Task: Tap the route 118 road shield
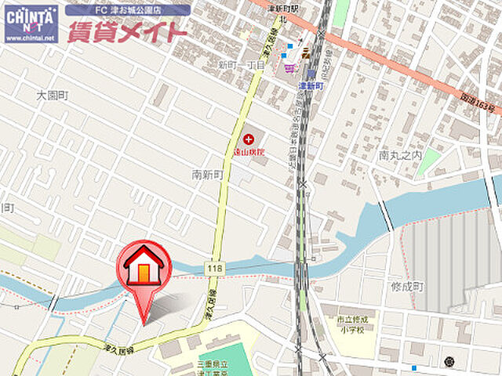pyautogui.click(x=214, y=269)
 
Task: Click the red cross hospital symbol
pyautogui.click(x=249, y=139)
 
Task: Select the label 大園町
pyautogui.click(x=53, y=95)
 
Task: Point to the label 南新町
pyautogui.click(x=208, y=175)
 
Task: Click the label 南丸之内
pyautogui.click(x=400, y=156)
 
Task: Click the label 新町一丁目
pyautogui.click(x=242, y=66)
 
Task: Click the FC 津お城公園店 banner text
pyautogui.click(x=129, y=10)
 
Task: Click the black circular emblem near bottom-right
pyautogui.click(x=449, y=361)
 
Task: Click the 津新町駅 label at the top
pyautogui.click(x=286, y=9)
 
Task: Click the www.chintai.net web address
pyautogui.click(x=30, y=38)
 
